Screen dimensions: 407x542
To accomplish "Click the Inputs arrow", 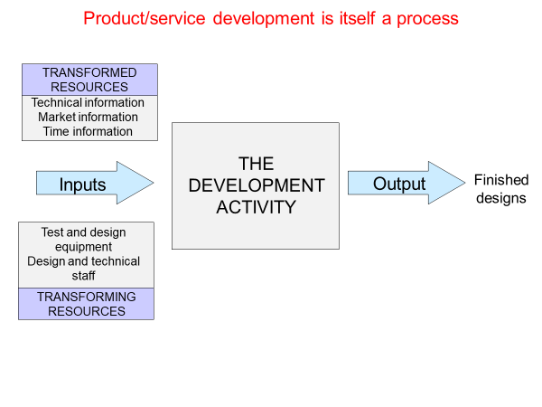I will (x=94, y=185).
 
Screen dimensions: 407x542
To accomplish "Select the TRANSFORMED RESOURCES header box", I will (x=89, y=80).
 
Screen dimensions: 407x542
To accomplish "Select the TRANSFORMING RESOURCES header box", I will (x=87, y=304).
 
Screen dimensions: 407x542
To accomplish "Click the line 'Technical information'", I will (x=89, y=103).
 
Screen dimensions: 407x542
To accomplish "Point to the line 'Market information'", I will (x=89, y=117).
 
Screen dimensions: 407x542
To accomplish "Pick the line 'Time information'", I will (x=89, y=131).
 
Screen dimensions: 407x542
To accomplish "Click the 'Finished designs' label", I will (x=500, y=190).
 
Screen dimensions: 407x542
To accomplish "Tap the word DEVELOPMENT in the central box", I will (x=256, y=185).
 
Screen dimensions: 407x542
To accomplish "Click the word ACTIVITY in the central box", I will (x=256, y=207).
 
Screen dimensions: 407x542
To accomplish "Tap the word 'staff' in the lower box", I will (x=84, y=276).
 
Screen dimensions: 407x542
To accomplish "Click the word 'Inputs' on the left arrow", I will (x=83, y=185).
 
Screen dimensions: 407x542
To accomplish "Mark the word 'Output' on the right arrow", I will (x=399, y=184).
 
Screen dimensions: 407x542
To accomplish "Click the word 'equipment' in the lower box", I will (x=84, y=247).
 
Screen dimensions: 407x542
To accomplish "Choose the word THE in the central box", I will (x=256, y=164).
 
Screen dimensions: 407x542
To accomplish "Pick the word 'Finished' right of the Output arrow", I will (x=500, y=182).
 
